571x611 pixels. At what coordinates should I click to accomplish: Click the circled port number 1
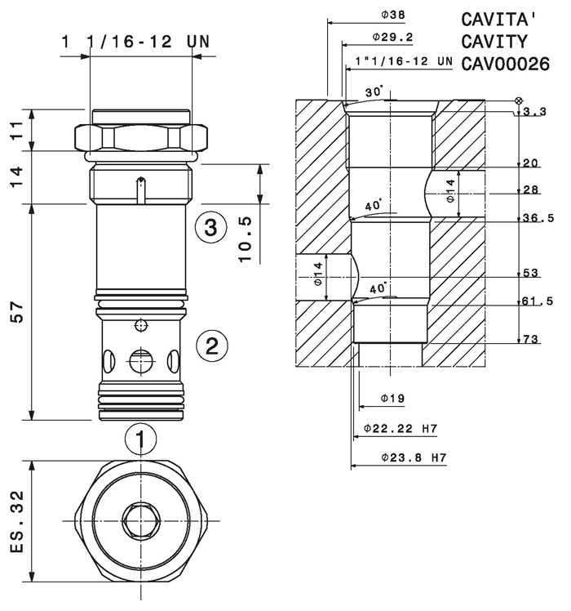tap(140, 439)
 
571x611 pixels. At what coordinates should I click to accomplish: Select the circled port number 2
tap(212, 346)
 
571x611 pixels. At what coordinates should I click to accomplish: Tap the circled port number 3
tap(210, 227)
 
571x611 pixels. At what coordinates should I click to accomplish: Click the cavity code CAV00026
tap(505, 64)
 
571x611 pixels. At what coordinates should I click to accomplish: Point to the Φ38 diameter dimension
tap(392, 15)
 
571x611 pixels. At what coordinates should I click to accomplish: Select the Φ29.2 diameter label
tap(392, 37)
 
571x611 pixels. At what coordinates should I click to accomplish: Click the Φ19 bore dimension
tap(392, 399)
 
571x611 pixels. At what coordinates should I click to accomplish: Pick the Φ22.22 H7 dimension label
tap(401, 429)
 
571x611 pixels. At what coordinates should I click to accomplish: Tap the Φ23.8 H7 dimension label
tap(414, 457)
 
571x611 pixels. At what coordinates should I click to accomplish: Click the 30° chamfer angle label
tap(374, 91)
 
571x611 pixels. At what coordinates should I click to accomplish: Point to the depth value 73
tap(530, 339)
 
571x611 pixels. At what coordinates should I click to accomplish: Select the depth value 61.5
tap(538, 301)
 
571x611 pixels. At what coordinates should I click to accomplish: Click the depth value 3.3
tap(534, 112)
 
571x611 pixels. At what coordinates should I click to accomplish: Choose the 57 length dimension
tap(17, 311)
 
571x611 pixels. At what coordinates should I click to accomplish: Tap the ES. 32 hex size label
tap(17, 522)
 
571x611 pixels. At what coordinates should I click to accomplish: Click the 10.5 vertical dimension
tap(246, 239)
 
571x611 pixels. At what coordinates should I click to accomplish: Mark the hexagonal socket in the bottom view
tap(140, 521)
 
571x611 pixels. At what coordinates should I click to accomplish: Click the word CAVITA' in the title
tap(500, 20)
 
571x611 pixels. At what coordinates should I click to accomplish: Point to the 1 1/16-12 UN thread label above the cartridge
tap(136, 42)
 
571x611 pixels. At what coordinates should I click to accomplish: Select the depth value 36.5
tap(538, 218)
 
